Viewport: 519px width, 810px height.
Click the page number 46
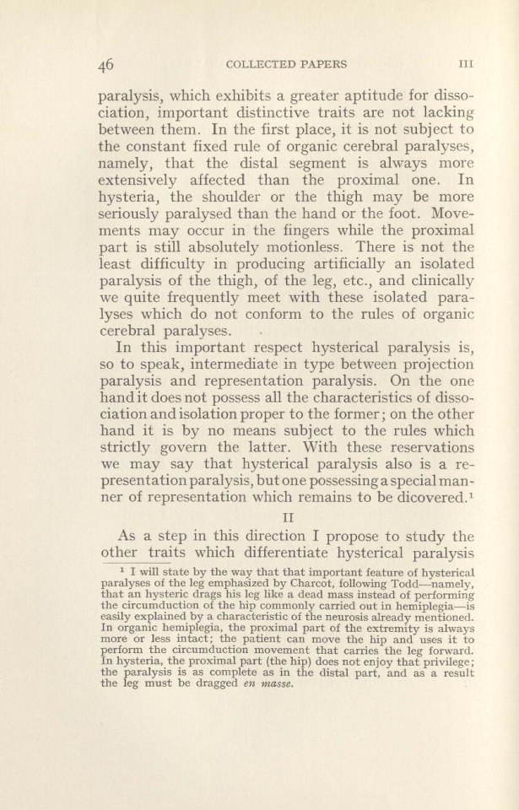(106, 63)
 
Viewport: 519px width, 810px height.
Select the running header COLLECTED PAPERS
(270, 63)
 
